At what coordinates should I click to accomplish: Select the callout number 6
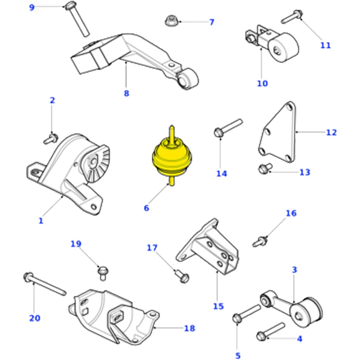point(146,208)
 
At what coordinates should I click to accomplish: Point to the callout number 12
point(331,133)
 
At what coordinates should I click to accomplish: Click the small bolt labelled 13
point(265,168)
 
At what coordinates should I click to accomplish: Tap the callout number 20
point(35,318)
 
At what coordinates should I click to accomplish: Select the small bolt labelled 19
point(103,273)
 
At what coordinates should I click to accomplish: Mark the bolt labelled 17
point(182,276)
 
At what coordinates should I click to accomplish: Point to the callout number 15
point(218,306)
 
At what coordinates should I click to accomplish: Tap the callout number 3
point(294,270)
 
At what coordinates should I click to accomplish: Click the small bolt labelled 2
point(51,139)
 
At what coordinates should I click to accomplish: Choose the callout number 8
point(126,93)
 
